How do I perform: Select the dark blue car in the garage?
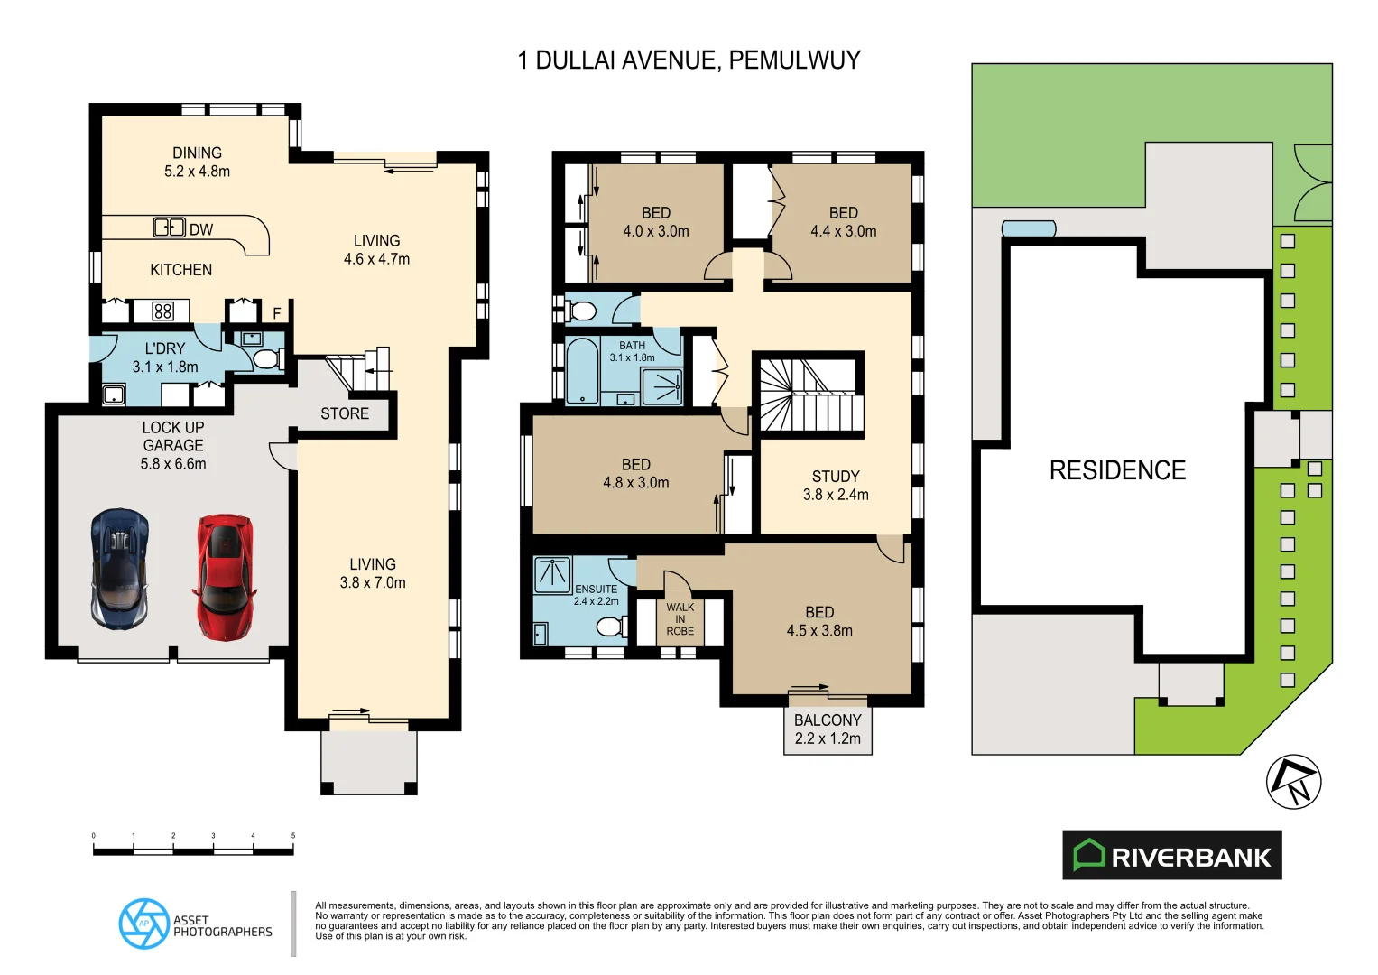120,569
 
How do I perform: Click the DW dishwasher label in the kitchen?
201,230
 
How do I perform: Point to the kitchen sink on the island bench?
169,227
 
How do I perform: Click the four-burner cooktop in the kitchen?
162,311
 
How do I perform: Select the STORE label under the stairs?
345,413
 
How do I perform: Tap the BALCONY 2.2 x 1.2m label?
828,729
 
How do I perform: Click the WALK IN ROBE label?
680,619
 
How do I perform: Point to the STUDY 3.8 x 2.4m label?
836,485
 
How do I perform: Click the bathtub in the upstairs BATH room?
581,371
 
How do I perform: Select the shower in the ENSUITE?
551,575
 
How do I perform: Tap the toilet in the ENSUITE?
612,626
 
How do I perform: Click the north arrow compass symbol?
1293,782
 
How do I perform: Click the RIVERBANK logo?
1171,855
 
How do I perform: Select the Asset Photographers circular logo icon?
143,924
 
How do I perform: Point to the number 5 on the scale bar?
292,836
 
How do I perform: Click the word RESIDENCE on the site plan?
1117,470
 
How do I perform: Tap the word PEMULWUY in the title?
794,60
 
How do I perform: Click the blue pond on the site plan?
1029,229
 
